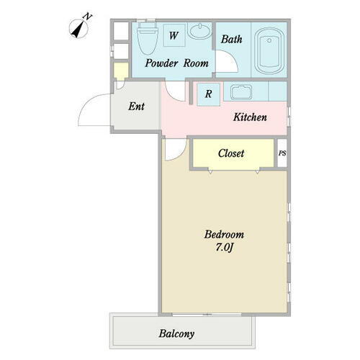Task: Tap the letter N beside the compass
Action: [87, 16]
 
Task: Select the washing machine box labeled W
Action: [174, 35]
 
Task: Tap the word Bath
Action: [231, 39]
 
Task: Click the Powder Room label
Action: [176, 63]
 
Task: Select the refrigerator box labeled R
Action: [208, 94]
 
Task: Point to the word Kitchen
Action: [251, 117]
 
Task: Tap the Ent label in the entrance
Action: [137, 107]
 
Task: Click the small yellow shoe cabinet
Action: [120, 71]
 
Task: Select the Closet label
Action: [231, 153]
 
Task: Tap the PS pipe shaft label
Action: [282, 153]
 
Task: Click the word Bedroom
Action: [224, 235]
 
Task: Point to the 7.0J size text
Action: [224, 248]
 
